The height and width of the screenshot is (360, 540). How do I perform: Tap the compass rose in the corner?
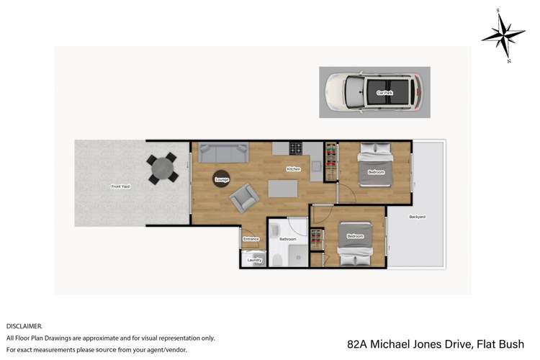[503, 34]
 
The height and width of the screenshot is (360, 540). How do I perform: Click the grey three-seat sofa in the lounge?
[223, 153]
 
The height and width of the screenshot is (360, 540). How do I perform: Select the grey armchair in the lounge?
[243, 197]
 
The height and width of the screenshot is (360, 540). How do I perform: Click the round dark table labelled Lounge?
[221, 179]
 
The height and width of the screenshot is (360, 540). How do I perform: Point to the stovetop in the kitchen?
[295, 148]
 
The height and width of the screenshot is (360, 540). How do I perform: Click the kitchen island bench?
[282, 189]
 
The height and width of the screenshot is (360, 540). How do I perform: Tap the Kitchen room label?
[293, 169]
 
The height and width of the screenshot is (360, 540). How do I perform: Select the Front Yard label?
[120, 186]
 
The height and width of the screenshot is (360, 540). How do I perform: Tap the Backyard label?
[417, 217]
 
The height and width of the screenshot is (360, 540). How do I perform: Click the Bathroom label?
[288, 238]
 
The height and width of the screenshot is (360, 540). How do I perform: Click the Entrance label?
[251, 239]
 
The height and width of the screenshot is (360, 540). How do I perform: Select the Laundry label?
[253, 260]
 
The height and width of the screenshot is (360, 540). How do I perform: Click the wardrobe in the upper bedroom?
[330, 162]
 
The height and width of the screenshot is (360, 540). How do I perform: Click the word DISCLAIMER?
[24, 325]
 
